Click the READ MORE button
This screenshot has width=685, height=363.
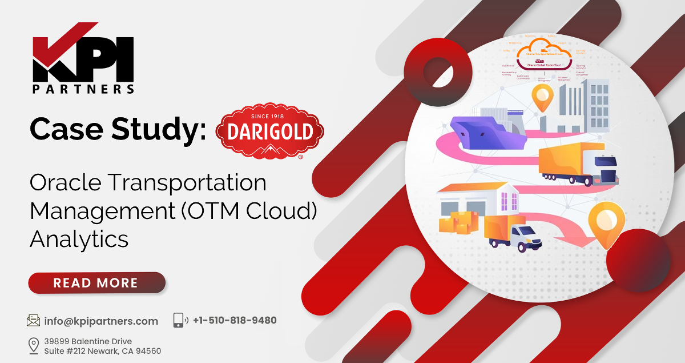coord(96,282)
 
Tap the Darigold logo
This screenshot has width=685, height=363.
coord(269,131)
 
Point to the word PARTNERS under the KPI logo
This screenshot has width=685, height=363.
coord(83,89)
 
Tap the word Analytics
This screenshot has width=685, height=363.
coord(79,238)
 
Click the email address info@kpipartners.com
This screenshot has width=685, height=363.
coord(101,321)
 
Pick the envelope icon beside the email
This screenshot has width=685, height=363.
coord(34,321)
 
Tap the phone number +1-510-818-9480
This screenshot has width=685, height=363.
coord(235,320)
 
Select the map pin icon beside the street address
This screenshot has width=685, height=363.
coord(34,345)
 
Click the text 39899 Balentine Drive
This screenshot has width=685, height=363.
coord(88,341)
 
